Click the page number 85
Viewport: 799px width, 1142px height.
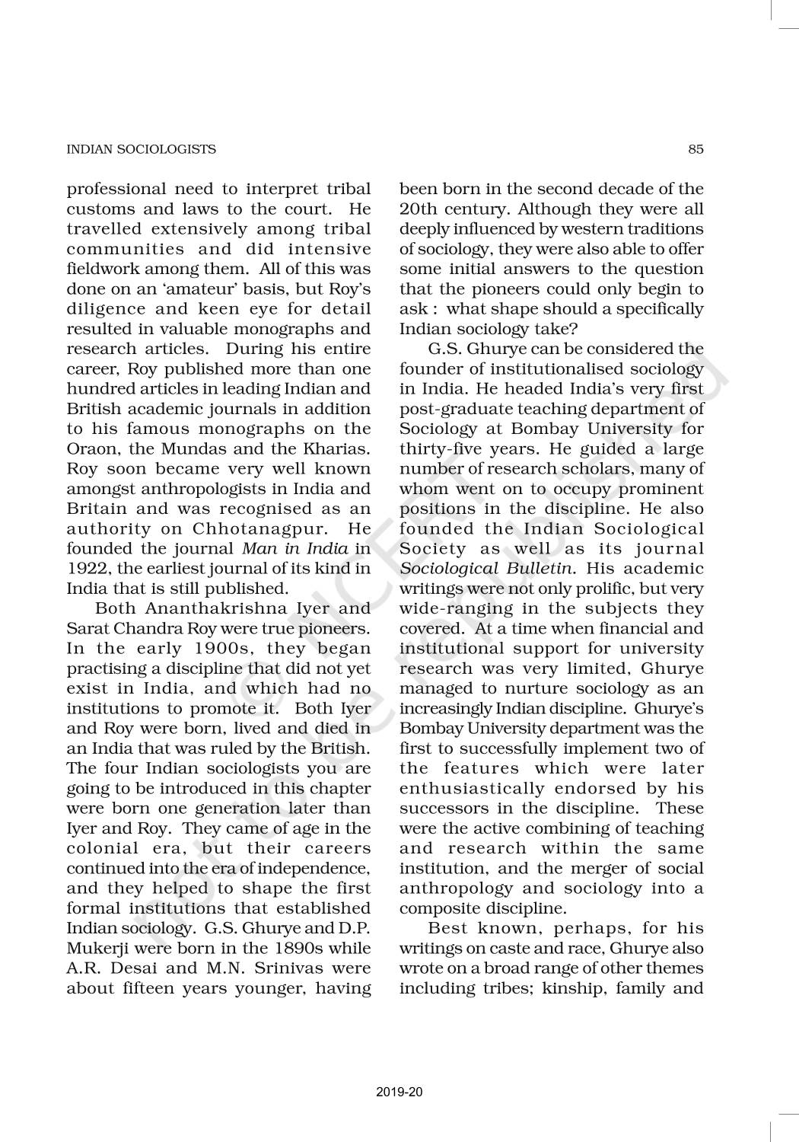tap(696, 149)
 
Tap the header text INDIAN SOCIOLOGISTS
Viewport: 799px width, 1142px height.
tap(141, 149)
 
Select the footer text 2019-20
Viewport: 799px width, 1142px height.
tap(399, 1092)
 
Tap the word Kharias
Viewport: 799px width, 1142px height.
tap(336, 449)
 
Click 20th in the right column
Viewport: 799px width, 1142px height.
tap(422, 209)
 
